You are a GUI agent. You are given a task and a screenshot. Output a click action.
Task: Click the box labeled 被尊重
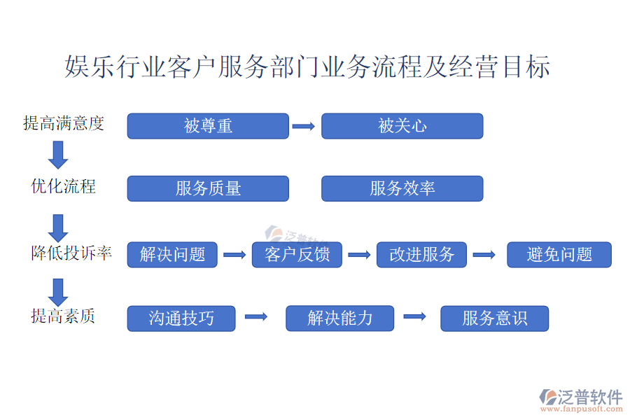point(208,126)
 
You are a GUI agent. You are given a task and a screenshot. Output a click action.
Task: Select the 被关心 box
point(402,126)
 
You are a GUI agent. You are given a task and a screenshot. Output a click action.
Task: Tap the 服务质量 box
point(208,188)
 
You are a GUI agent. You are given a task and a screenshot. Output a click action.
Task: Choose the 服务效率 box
point(402,188)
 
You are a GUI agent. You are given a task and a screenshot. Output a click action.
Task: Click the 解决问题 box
point(172,254)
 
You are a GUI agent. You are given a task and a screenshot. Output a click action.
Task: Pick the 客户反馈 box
point(297,254)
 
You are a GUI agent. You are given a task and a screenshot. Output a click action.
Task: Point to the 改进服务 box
point(421,254)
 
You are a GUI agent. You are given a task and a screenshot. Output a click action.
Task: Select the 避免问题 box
point(559,254)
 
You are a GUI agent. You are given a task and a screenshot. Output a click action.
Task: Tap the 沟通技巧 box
point(181,318)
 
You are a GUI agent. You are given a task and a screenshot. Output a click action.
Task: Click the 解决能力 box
point(340,318)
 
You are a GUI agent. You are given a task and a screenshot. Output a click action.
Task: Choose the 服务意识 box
point(495,318)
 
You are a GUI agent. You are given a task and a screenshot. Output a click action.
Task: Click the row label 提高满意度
point(64,123)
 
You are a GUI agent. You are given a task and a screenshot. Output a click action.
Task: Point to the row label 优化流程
point(64,186)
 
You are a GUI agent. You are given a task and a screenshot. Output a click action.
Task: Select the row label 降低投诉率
point(71,253)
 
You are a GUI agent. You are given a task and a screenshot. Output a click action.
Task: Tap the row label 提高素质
point(63,316)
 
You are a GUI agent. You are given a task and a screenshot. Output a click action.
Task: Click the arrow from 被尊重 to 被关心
point(303,126)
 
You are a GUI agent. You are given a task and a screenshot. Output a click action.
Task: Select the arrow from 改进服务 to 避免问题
point(484,254)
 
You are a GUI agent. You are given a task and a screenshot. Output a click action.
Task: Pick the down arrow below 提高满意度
point(58,155)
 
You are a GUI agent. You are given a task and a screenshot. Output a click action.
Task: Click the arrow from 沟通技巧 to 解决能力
point(256,316)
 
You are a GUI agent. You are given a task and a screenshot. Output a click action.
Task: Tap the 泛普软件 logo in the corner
point(580,400)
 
